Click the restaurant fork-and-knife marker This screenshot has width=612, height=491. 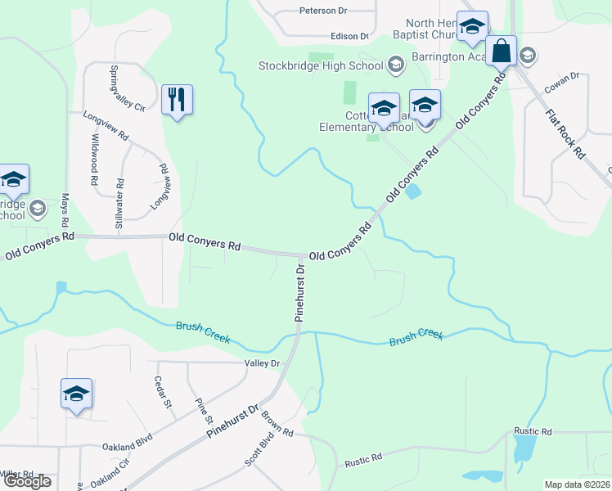(177, 100)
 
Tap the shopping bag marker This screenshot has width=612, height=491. (501, 52)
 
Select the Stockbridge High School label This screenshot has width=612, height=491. (321, 65)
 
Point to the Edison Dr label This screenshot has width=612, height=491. (349, 36)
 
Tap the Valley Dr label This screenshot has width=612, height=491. (262, 363)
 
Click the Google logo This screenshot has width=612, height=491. (26, 481)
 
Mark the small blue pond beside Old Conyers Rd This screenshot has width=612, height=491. (414, 191)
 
